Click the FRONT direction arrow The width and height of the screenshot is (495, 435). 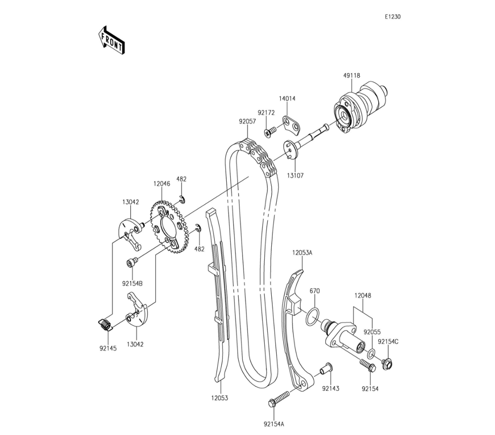coord(111,42)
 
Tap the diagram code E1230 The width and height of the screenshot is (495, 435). coord(393,17)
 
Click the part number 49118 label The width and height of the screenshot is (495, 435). coord(351,75)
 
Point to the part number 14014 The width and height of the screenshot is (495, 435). coord(287,98)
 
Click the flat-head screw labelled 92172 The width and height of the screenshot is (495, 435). coord(270,132)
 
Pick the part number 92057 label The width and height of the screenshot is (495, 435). coord(247,122)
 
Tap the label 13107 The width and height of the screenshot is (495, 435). coord(295,175)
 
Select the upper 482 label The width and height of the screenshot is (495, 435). coord(181,179)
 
